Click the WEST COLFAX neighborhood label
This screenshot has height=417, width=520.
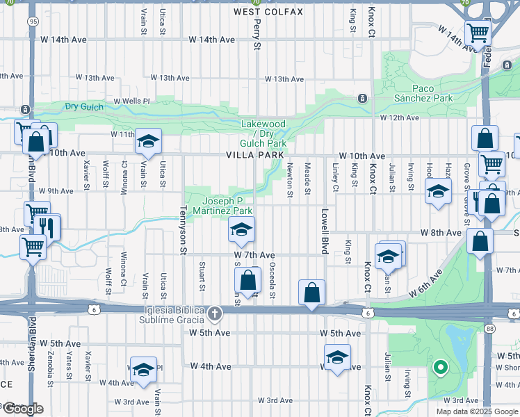(259, 12)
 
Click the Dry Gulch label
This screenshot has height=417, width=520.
(84, 106)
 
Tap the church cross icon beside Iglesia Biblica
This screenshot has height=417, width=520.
(215, 314)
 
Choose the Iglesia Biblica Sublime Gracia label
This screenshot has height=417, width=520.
(165, 314)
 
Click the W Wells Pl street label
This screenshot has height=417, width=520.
(131, 101)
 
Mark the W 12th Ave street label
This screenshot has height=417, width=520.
(399, 118)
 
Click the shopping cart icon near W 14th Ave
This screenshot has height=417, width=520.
(478, 32)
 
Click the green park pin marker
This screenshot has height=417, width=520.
(439, 367)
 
